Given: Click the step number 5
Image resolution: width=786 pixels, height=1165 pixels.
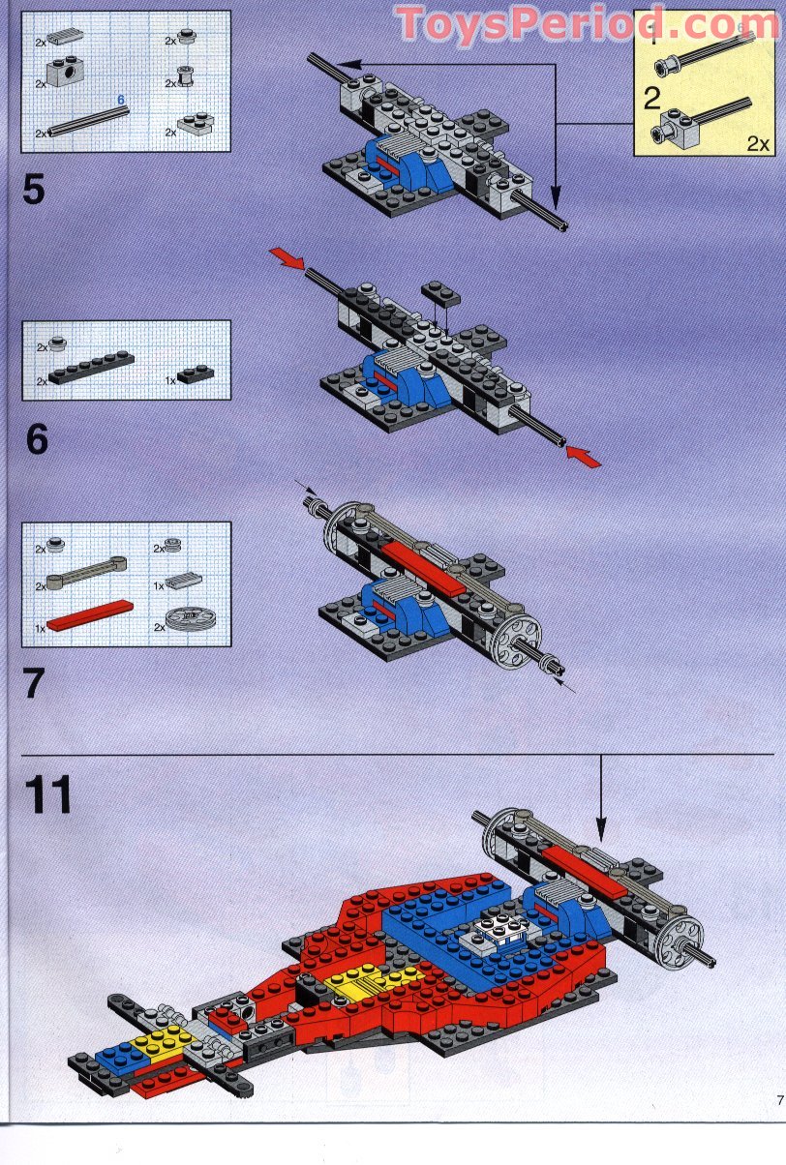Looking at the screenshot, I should click(x=34, y=189).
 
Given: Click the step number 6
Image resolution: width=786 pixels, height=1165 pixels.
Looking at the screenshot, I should click(x=36, y=440).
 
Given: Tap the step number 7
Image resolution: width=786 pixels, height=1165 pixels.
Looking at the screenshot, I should click(x=34, y=683).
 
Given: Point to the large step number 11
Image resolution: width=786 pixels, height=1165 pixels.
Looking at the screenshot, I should click(x=48, y=794).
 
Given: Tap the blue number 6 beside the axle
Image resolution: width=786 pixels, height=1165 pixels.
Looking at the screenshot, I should click(x=121, y=100).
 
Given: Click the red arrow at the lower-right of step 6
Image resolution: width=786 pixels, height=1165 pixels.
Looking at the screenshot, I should click(x=585, y=455).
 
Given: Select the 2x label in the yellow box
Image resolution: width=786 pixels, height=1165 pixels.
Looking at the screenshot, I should click(x=758, y=143).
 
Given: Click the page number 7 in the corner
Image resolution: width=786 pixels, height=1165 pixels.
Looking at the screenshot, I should click(x=778, y=1098).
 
